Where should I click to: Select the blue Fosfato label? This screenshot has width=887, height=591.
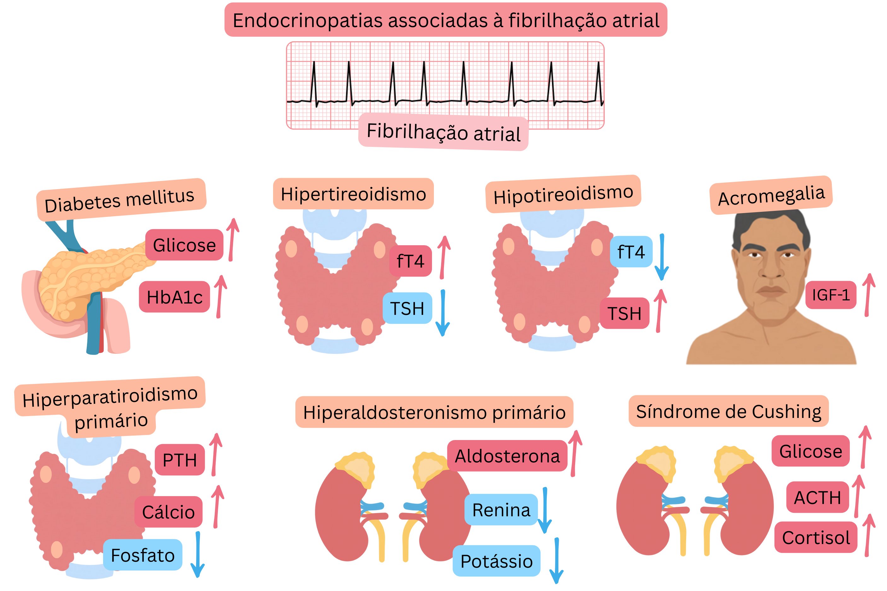143,555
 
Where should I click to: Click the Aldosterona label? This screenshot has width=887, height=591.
507,456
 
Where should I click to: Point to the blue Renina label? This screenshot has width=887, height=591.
501,510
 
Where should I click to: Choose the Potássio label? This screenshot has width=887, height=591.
496,561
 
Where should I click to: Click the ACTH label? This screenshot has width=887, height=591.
817,497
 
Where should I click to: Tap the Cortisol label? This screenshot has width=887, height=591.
815,537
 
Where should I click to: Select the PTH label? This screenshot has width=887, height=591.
179,460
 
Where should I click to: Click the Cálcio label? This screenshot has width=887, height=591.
168,512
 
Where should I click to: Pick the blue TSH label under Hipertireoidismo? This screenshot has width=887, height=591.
407,308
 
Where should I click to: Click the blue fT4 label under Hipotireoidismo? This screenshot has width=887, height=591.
631,252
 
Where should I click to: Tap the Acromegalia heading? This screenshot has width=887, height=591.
771,195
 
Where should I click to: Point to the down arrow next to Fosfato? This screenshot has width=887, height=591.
197,554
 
